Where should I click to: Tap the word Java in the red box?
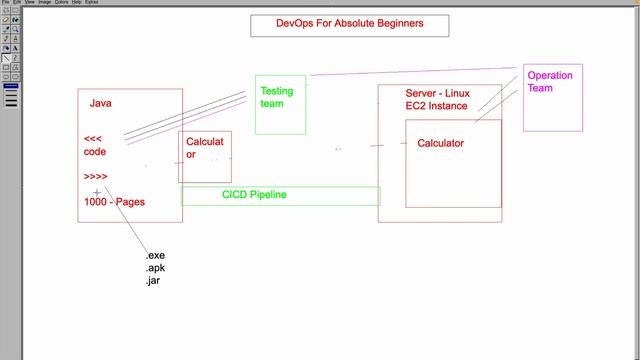coord(100,103)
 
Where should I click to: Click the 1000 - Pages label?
coord(114,202)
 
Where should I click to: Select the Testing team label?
coord(276,97)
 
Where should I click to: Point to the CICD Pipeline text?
coord(254,194)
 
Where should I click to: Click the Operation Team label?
coord(550,82)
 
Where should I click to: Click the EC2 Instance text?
coord(436,106)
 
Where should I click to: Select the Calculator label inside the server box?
coord(440,143)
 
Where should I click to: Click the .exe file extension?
coord(155,257)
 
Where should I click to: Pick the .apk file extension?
coord(155,269)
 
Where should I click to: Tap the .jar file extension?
coord(153,281)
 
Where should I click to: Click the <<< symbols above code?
coord(92,139)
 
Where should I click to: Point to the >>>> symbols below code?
coord(96,176)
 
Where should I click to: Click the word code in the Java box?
coord(95,152)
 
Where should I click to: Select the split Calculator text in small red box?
coord(204,148)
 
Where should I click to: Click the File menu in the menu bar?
coord(4,3)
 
